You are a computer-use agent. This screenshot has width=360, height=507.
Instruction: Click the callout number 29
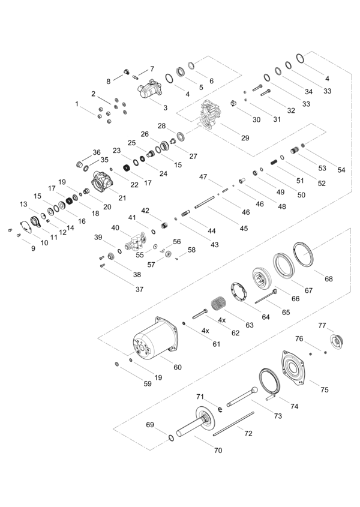[x=245, y=138]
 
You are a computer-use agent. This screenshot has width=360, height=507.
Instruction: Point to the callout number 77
[x=322, y=325]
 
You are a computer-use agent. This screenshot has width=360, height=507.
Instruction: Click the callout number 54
[x=341, y=170]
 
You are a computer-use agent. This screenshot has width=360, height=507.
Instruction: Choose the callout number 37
[x=139, y=289]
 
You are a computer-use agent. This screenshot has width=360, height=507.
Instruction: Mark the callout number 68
[x=329, y=279]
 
